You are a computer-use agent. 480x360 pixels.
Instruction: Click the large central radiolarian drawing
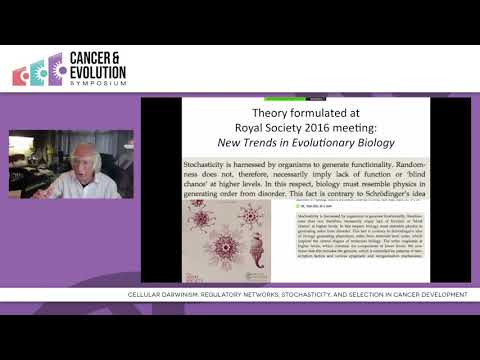click(x=221, y=243)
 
